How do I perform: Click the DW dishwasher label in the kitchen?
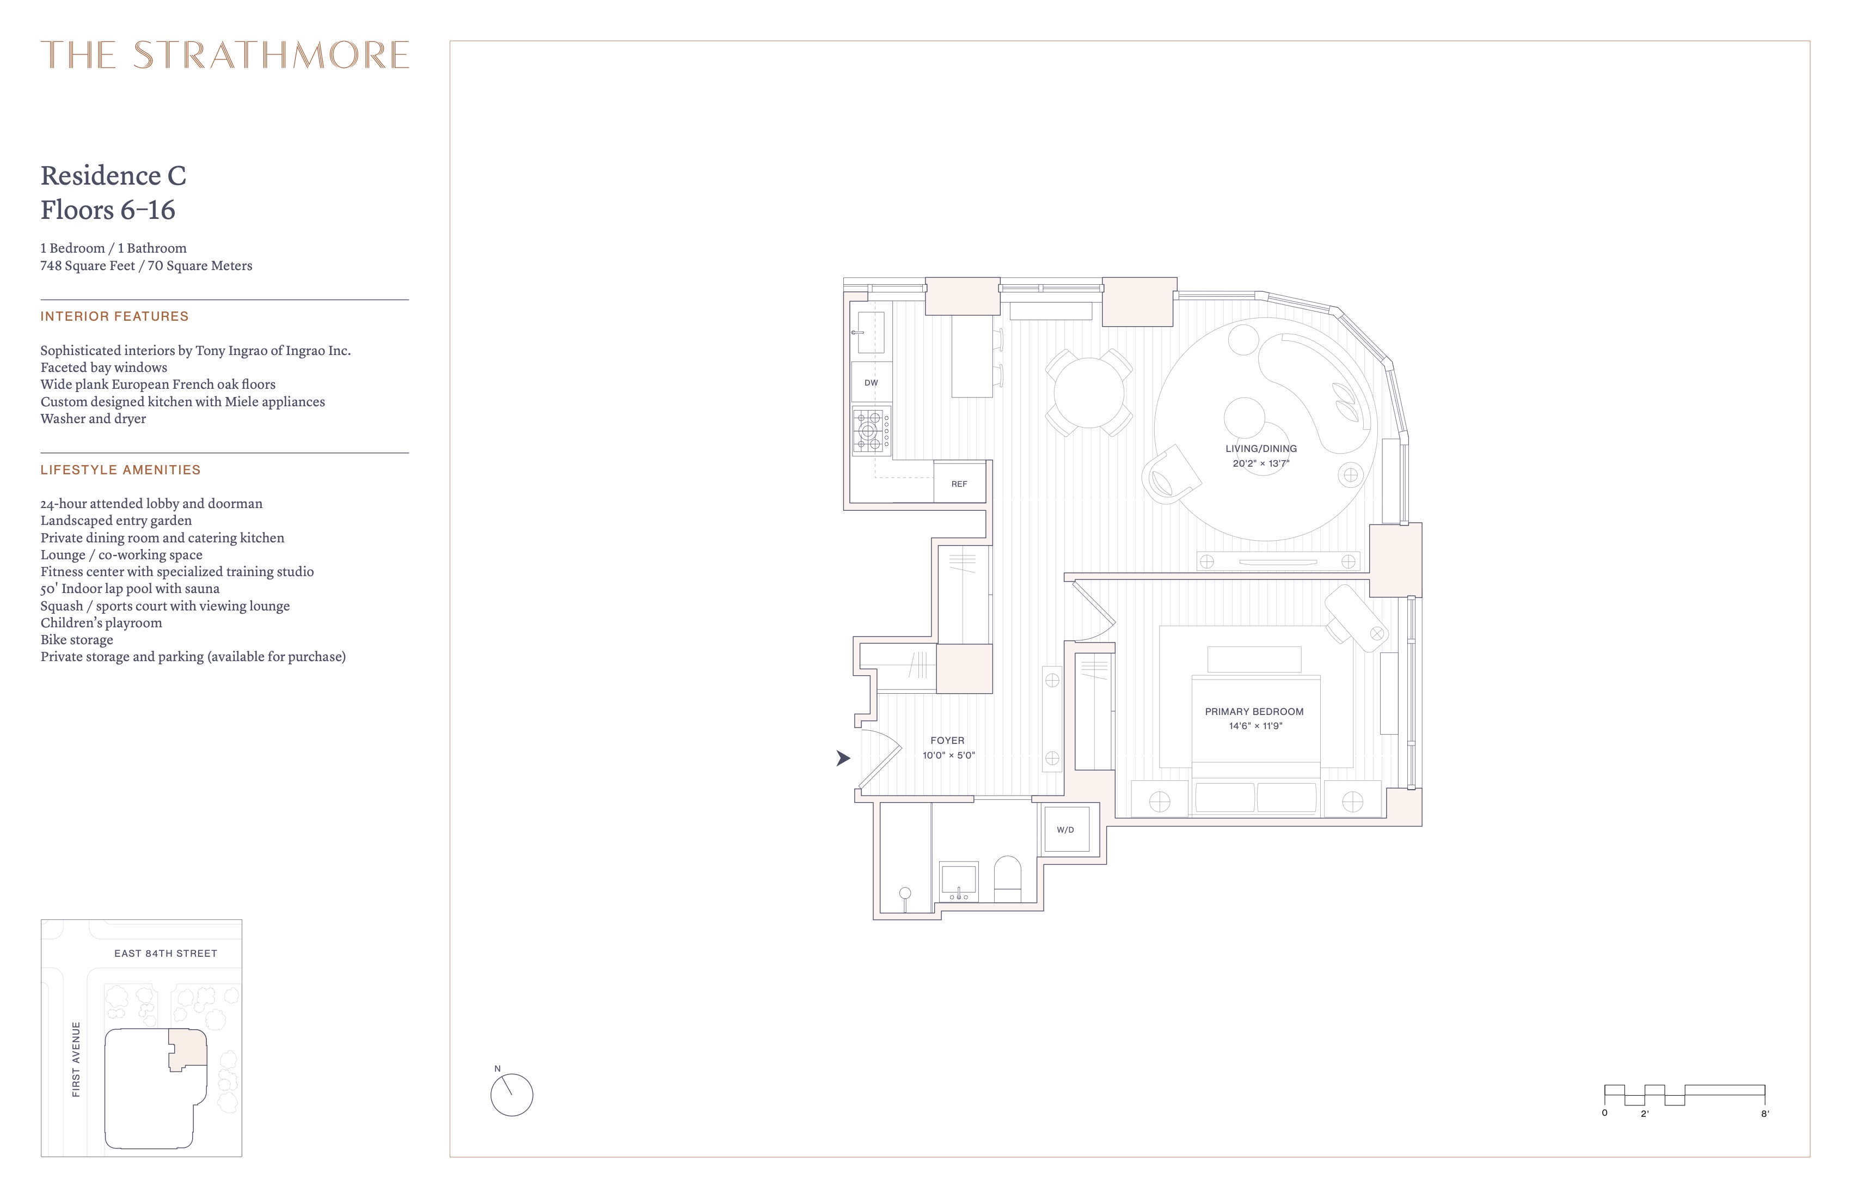pyautogui.click(x=871, y=383)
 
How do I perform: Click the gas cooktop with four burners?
pyautogui.click(x=871, y=430)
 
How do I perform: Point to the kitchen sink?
pyautogui.click(x=871, y=333)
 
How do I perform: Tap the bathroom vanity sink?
pyautogui.click(x=960, y=882)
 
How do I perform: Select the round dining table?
pyautogui.click(x=1089, y=392)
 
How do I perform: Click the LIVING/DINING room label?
pyautogui.click(x=1261, y=449)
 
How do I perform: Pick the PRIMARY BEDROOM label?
pyautogui.click(x=1254, y=712)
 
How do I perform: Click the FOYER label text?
pyautogui.click(x=947, y=741)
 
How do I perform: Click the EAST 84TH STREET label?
pyautogui.click(x=166, y=953)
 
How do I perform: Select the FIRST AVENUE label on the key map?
pyautogui.click(x=76, y=1060)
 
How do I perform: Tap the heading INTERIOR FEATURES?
pyautogui.click(x=114, y=316)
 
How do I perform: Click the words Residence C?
pyautogui.click(x=114, y=176)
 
